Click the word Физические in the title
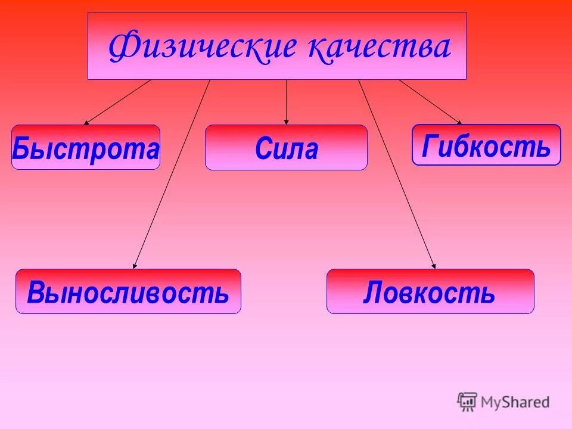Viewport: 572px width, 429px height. pos(203,48)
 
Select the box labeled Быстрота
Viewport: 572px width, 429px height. pos(86,147)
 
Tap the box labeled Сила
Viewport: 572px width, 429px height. pos(286,148)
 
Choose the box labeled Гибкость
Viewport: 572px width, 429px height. pos(486,145)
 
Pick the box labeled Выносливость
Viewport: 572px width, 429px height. pos(128,291)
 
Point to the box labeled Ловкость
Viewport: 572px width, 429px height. pos(430,291)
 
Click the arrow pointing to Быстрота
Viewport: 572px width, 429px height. pos(117,102)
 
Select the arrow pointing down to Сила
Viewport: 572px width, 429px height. pos(287,101)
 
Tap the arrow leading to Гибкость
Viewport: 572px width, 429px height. pos(429,101)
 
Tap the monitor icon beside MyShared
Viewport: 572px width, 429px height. pos(467,401)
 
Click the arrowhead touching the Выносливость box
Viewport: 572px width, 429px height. pos(135,266)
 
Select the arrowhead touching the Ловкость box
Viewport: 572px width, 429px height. pos(434,266)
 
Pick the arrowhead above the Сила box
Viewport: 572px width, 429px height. pos(287,122)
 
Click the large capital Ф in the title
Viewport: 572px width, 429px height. pos(123,48)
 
